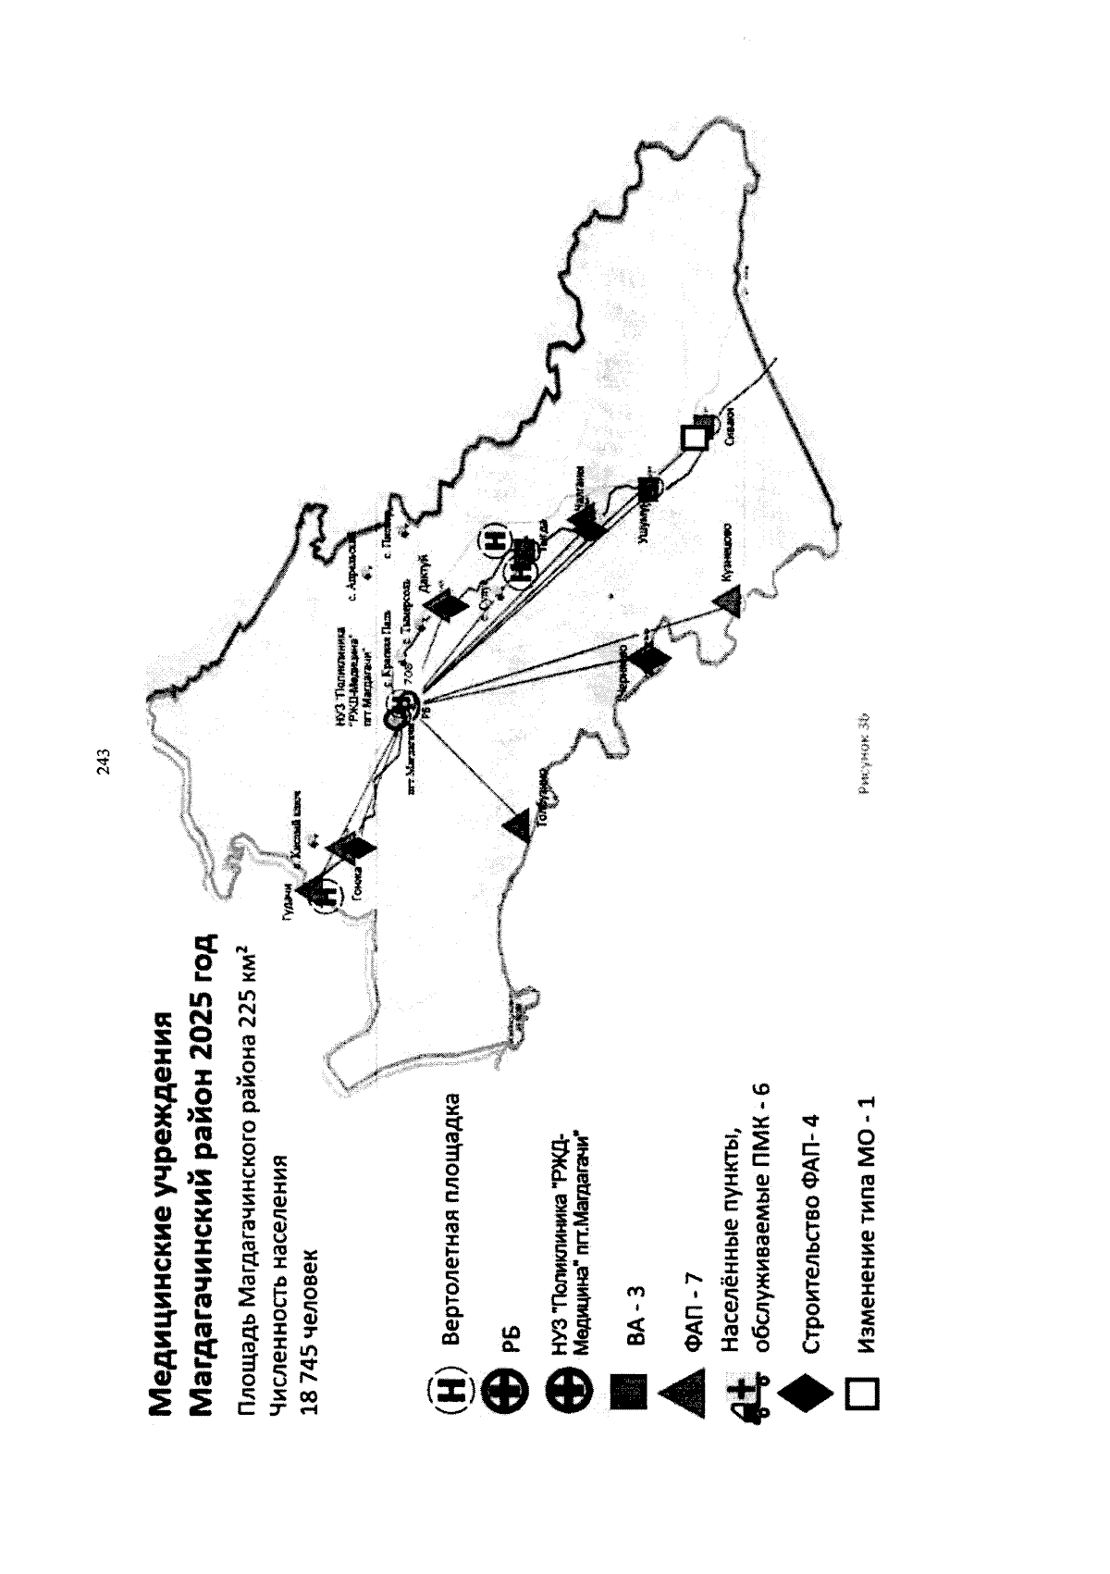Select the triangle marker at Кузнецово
pyautogui.click(x=728, y=603)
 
